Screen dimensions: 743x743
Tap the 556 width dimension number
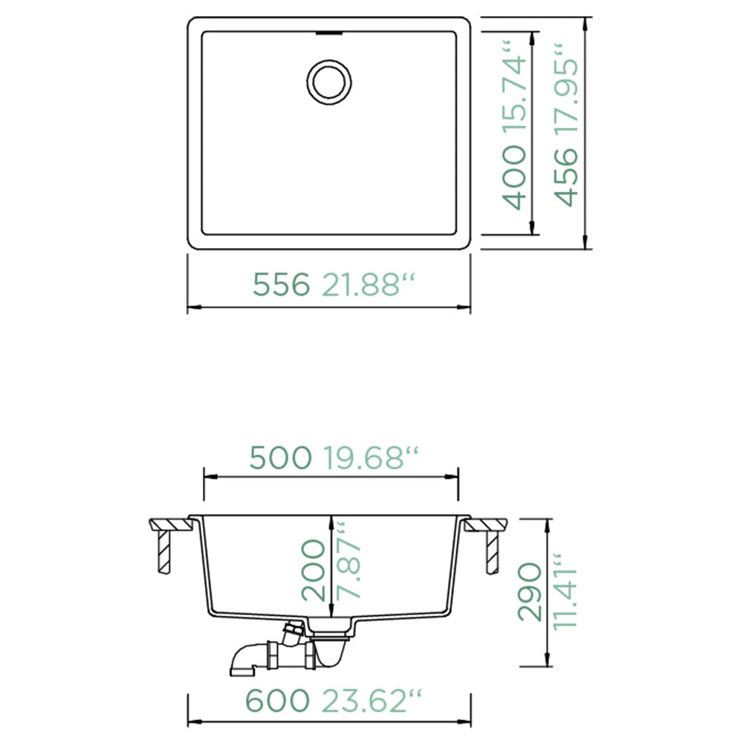[x=281, y=285]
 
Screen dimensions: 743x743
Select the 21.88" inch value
[x=369, y=285]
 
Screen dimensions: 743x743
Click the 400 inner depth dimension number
[x=513, y=178]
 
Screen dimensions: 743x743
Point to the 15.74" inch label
[x=513, y=90]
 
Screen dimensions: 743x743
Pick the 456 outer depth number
[x=566, y=178]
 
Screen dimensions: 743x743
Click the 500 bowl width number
[x=281, y=458]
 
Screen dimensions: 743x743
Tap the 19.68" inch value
[x=371, y=458]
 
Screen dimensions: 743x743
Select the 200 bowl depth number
[x=314, y=571]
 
